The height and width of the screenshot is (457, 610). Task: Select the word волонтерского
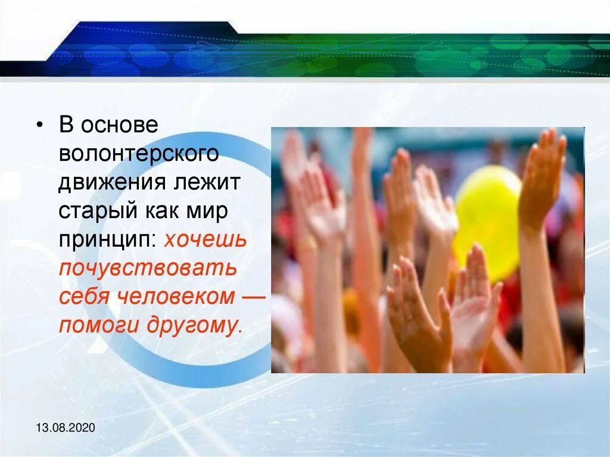coord(138,155)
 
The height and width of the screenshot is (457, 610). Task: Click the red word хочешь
coord(205,240)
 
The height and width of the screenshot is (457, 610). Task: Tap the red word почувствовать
coord(148,269)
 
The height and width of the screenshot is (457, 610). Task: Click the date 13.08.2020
coord(65,428)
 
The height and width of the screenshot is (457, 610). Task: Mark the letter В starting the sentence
coord(66,126)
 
